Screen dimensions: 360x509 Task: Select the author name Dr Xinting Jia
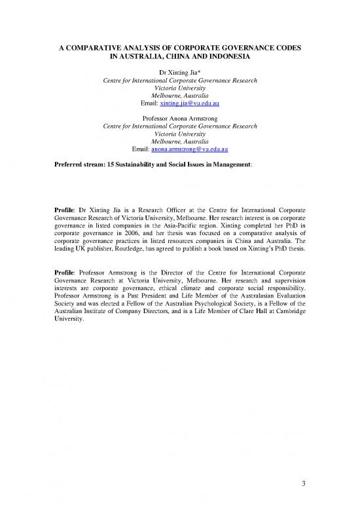tap(179, 71)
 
